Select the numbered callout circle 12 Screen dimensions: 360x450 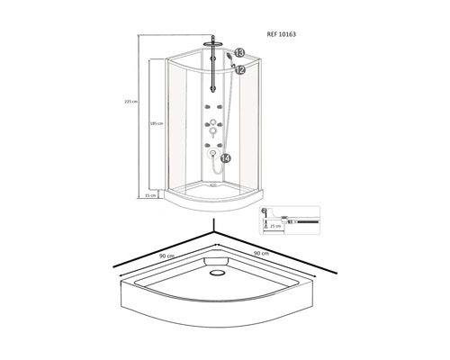(239, 69)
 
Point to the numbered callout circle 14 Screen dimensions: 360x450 (225, 158)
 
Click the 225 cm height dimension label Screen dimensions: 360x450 (131, 102)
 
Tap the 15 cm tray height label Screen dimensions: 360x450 (151, 194)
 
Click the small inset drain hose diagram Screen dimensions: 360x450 (288, 219)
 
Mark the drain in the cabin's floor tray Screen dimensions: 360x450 (211, 187)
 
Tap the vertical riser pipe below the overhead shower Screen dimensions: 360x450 (212, 67)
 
